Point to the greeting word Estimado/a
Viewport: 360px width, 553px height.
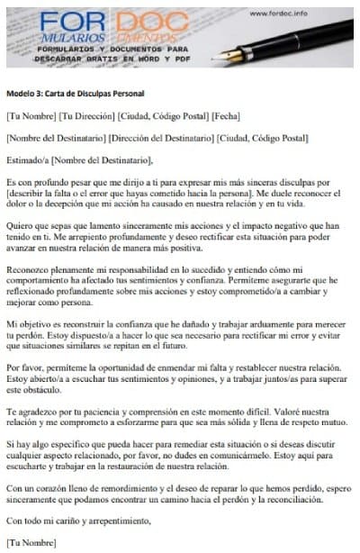[x=27, y=159]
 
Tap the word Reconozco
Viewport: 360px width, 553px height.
[x=26, y=269]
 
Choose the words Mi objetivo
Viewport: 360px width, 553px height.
[x=30, y=322]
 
